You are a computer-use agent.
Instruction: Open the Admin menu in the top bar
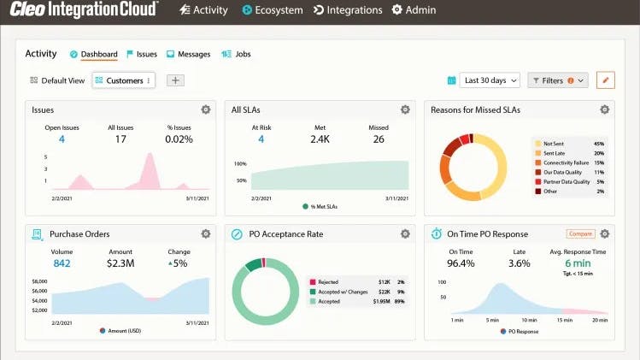coord(414,10)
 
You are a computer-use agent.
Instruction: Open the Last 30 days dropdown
coord(490,80)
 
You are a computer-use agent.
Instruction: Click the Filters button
coord(558,80)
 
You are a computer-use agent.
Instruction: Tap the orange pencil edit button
coord(605,80)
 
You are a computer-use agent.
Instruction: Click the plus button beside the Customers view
coord(174,80)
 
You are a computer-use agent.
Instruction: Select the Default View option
coord(57,80)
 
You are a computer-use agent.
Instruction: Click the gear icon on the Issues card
coord(205,109)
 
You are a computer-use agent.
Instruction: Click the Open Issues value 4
coord(62,139)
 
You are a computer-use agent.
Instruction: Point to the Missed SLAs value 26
coord(379,139)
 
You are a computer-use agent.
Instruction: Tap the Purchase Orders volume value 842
coord(62,263)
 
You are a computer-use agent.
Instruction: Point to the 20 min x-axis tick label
coord(599,319)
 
